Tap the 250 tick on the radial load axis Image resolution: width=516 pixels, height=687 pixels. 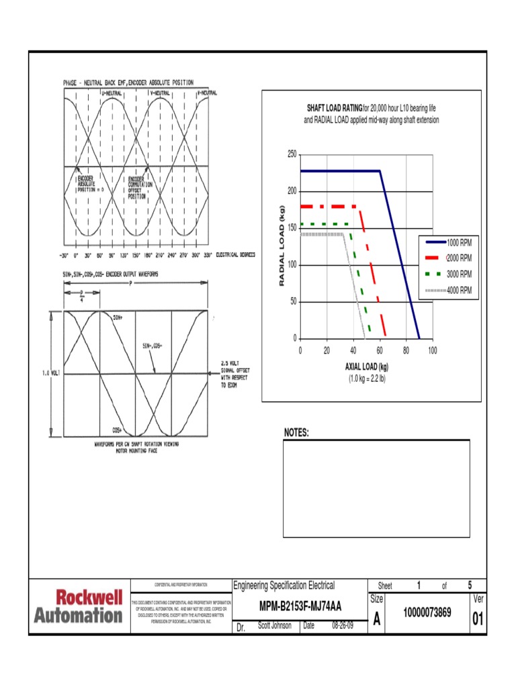click(x=292, y=154)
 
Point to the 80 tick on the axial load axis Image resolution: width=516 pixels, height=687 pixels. click(x=406, y=350)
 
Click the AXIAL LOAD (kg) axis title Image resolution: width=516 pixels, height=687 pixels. click(x=367, y=368)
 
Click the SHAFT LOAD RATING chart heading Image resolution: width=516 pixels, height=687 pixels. click(x=334, y=108)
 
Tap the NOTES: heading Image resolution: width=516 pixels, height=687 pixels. click(x=296, y=433)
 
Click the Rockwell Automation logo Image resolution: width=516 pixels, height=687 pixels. click(x=79, y=606)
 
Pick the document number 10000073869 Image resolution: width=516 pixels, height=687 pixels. click(x=427, y=613)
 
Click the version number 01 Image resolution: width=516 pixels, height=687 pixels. click(x=478, y=619)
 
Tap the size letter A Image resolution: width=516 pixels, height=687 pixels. click(x=376, y=621)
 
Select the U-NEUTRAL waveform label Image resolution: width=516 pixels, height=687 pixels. click(x=112, y=93)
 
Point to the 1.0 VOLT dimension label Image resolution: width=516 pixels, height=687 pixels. click(x=51, y=374)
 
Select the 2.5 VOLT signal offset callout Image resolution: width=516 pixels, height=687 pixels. click(x=234, y=374)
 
